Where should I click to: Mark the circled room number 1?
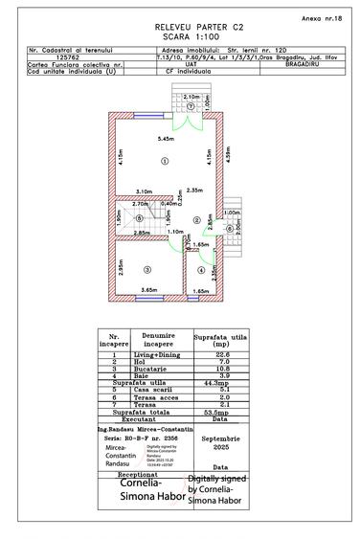(165, 163)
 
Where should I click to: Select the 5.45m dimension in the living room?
(167, 141)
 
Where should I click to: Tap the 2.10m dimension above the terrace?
(191, 97)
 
